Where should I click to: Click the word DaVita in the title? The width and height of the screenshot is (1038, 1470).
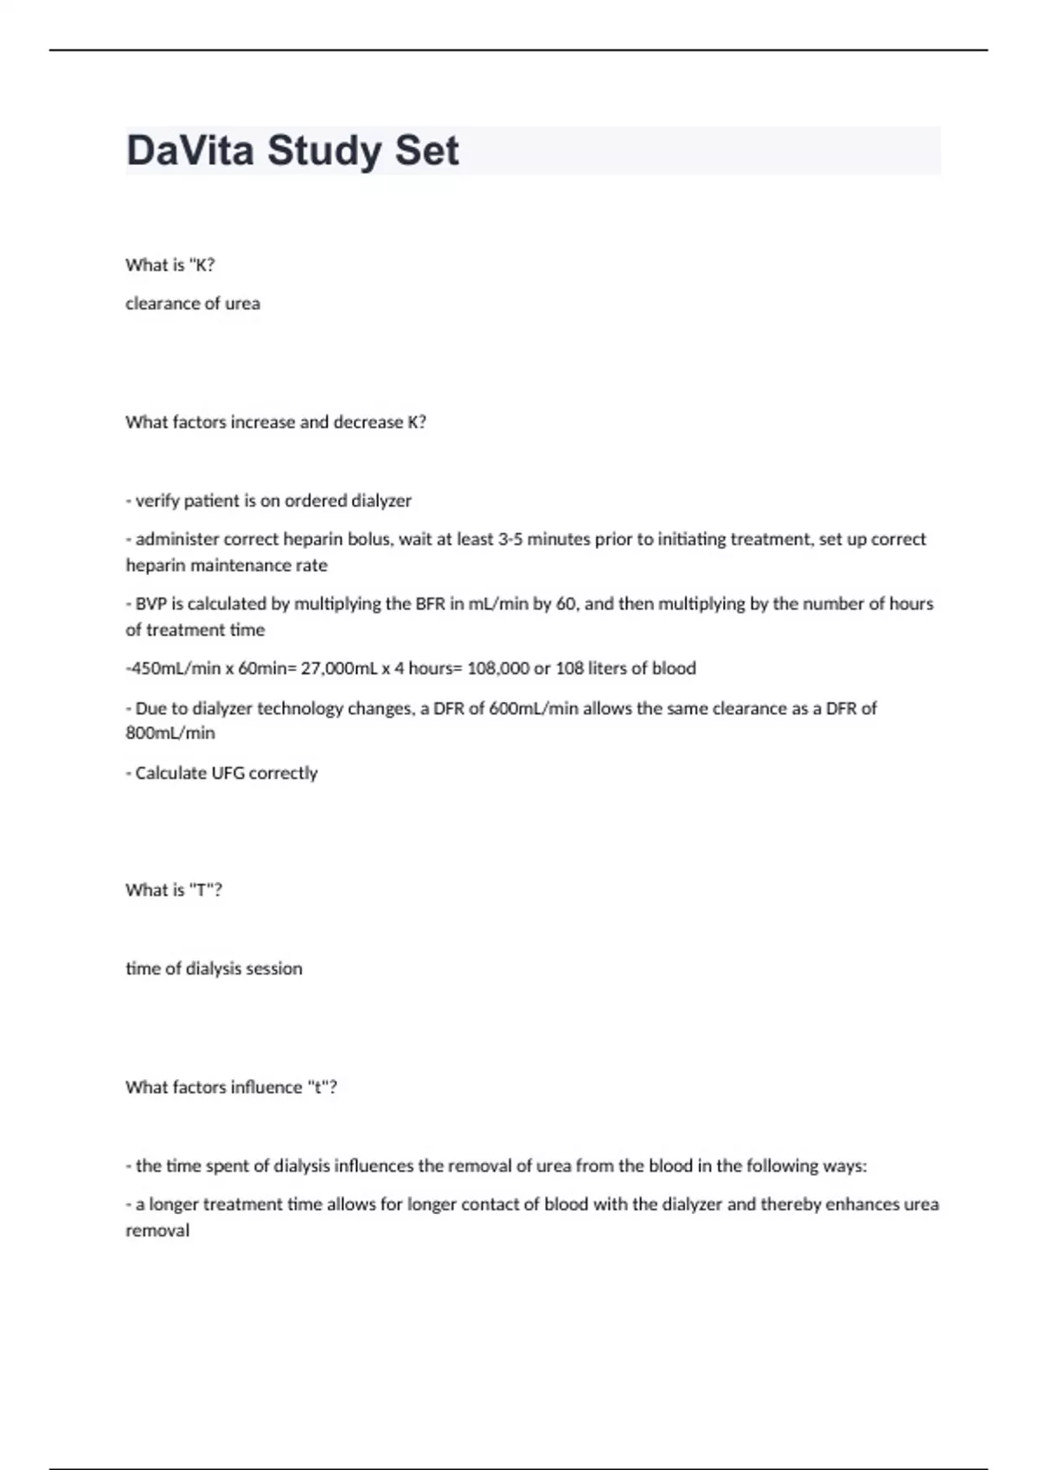point(190,150)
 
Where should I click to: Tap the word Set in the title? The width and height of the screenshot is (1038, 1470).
point(426,150)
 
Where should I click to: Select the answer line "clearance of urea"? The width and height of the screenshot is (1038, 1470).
point(193,304)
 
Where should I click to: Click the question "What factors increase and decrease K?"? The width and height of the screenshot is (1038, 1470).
point(276,422)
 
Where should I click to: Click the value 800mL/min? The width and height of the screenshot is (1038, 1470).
point(170,733)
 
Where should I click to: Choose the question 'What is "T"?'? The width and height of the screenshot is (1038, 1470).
point(174,890)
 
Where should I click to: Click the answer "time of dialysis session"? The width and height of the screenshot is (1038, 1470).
point(214,968)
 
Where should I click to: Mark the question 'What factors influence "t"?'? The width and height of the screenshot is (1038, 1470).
point(231,1087)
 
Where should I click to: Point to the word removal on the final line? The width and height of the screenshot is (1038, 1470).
point(157,1230)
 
